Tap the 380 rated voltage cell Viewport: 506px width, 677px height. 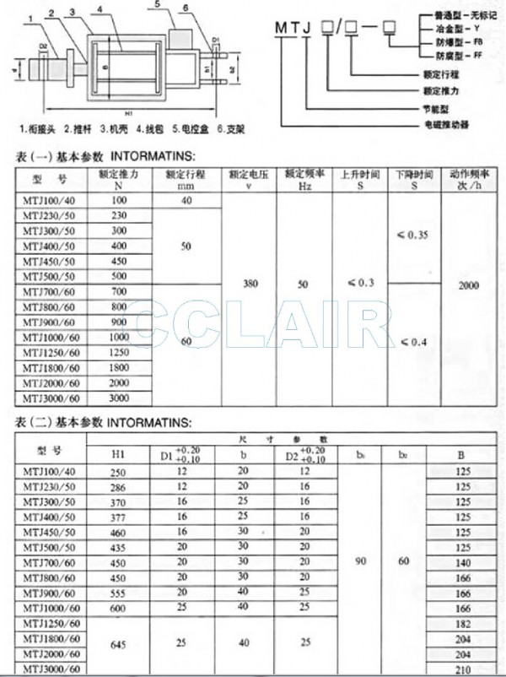250,285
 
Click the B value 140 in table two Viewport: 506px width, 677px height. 462,561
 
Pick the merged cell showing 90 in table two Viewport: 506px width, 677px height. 359,560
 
